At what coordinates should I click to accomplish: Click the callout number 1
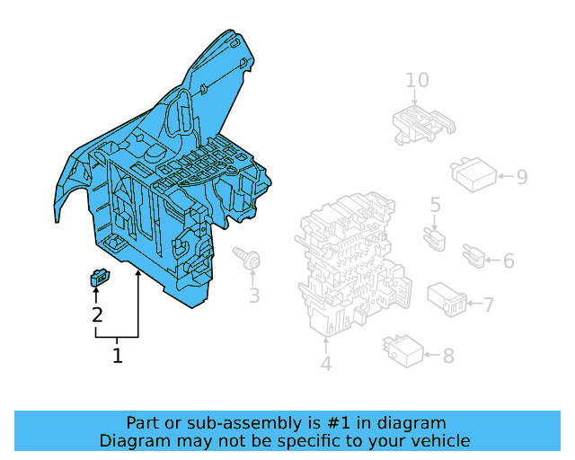tap(118, 356)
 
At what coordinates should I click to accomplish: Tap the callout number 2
tap(97, 315)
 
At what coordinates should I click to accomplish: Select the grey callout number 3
tap(254, 296)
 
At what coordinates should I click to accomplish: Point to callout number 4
tap(326, 364)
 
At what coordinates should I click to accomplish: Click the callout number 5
tap(435, 205)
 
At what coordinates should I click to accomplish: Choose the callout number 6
tap(509, 261)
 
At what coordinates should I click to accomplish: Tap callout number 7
tap(489, 305)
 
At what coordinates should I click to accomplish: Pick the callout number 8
tap(448, 355)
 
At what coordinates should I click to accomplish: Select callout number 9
tap(522, 176)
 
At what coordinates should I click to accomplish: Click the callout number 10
tap(417, 80)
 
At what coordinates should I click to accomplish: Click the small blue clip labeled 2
tap(100, 278)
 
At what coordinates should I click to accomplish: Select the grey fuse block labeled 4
tap(352, 263)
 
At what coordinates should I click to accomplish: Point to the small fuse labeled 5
tap(435, 239)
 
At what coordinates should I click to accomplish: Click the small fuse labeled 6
tap(473, 256)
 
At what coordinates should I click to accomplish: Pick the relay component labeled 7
tap(447, 299)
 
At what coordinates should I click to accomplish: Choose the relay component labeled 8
tap(403, 351)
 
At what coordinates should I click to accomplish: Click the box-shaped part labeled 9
tap(473, 175)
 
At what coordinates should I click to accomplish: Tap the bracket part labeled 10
tap(424, 124)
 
